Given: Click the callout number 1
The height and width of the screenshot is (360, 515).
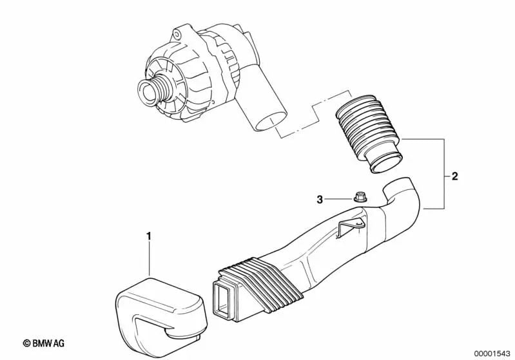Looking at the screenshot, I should [149, 236].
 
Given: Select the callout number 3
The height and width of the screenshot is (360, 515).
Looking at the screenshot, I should [320, 200].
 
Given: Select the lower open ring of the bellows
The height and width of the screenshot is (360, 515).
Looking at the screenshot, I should [384, 165].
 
